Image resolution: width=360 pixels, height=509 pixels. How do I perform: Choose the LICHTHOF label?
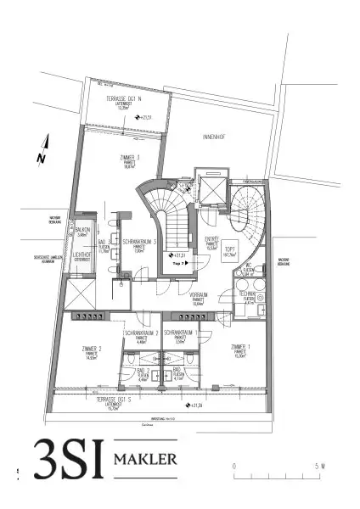point(82,258)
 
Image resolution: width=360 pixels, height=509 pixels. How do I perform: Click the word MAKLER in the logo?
point(144,460)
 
